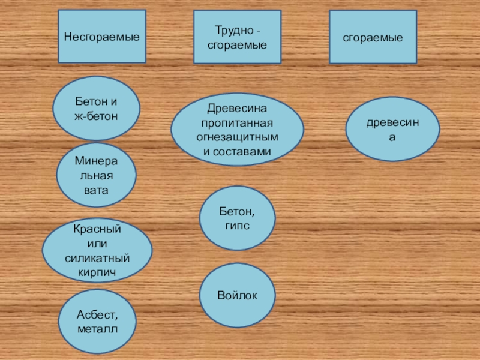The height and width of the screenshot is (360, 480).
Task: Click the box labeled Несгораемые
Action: (102, 37)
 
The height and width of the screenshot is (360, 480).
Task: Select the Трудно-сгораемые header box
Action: (237, 37)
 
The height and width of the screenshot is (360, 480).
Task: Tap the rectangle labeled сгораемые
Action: (373, 37)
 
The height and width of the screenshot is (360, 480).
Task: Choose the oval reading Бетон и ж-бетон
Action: (97, 108)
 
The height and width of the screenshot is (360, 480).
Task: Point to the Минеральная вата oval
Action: (97, 175)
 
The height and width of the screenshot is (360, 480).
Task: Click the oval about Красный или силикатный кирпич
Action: (97, 250)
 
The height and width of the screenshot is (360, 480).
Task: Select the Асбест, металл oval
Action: (97, 322)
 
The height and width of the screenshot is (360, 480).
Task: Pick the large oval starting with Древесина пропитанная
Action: (237, 130)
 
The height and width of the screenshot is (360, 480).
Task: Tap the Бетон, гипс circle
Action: (237, 218)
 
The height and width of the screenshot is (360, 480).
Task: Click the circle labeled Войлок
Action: (237, 295)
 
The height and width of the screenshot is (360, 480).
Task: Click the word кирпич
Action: (97, 272)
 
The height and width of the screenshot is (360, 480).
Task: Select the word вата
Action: (97, 190)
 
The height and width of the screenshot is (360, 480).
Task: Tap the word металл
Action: (97, 329)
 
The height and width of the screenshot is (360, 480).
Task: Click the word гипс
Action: (237, 226)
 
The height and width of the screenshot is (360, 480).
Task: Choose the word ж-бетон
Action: (97, 116)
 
